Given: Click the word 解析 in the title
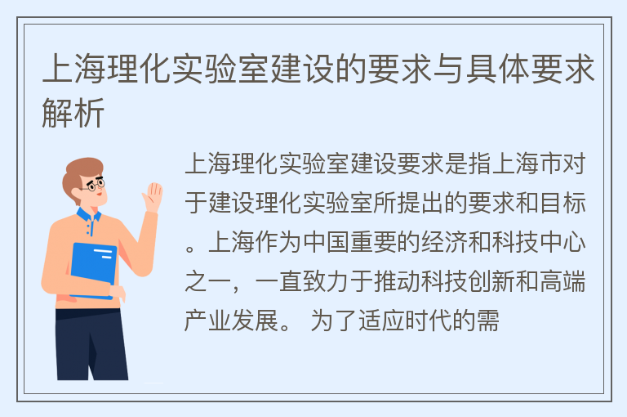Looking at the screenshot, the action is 73,113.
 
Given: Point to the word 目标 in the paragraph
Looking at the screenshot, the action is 563,203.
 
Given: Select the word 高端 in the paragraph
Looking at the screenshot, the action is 563,281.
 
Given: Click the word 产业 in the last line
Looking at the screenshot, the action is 207,321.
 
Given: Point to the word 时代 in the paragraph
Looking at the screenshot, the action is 429,321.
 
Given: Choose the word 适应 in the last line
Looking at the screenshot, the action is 381,321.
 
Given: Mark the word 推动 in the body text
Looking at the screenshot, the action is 397,281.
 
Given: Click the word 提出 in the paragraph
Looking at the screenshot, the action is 420,203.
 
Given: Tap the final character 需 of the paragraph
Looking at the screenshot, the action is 487,321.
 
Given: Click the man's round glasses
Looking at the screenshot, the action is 96,185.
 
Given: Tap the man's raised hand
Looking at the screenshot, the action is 153,197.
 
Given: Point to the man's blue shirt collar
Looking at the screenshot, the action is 88,217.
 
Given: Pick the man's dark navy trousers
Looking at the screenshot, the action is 91,344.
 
